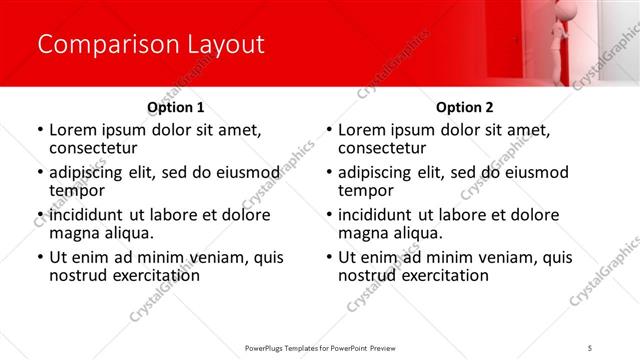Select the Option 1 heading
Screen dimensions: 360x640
point(176,106)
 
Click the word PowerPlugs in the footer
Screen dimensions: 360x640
point(267,348)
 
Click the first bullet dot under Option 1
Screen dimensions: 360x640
point(40,130)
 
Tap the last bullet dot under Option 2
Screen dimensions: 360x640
point(329,258)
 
